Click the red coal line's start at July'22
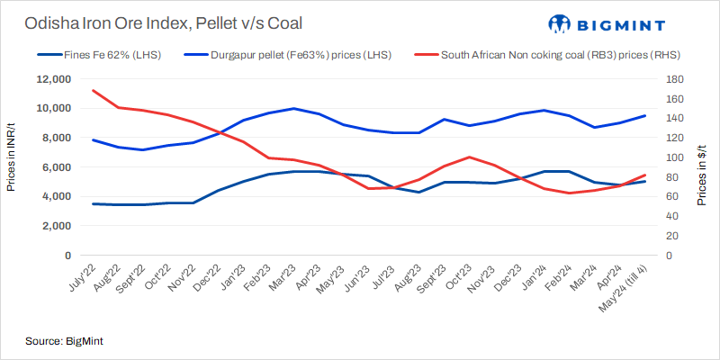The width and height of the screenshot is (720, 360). pos(94,90)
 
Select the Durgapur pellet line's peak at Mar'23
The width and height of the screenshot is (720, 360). pos(294,109)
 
